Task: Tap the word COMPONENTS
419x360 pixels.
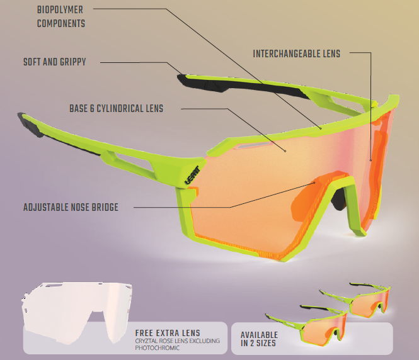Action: pos(61,23)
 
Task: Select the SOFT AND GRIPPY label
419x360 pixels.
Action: pos(55,62)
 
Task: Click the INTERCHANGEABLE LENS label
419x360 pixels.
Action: pos(296,53)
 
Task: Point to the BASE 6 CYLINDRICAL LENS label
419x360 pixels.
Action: pos(116,109)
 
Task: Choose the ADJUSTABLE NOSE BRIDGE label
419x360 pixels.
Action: pos(71,207)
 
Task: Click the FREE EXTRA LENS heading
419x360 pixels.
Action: pos(168,333)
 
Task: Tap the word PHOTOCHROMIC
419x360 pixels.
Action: pos(157,348)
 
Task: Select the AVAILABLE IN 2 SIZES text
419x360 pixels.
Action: pos(259,339)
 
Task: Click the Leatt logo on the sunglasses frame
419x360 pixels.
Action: pos(192,175)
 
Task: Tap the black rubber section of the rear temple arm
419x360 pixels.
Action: pos(241,86)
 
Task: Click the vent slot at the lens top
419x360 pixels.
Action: pos(253,145)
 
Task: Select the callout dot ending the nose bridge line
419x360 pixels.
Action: pos(314,183)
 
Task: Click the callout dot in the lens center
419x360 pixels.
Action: pos(285,151)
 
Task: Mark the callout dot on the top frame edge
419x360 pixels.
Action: pos(321,128)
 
